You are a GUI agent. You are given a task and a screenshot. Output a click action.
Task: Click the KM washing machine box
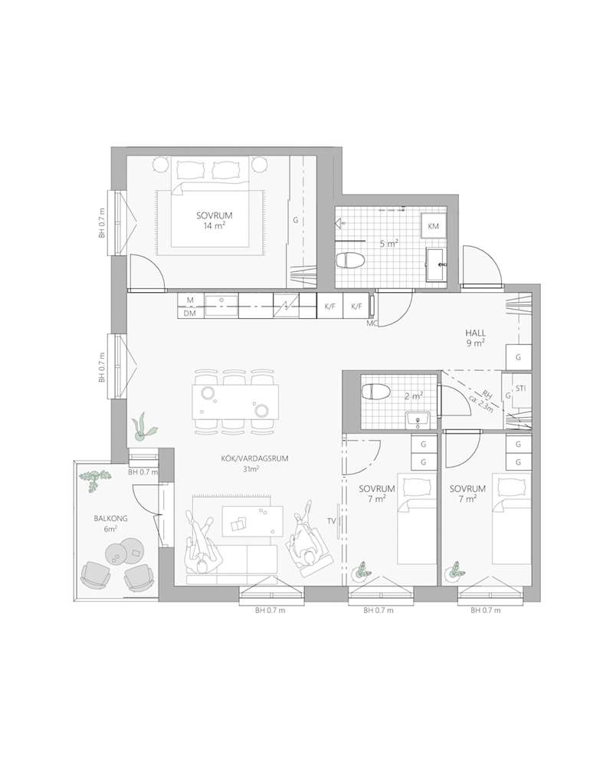(x=433, y=226)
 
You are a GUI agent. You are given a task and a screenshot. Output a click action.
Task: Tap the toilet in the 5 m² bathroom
(x=351, y=260)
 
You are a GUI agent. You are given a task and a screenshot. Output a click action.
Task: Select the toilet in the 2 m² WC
(x=375, y=392)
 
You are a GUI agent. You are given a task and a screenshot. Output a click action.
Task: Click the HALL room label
(x=475, y=333)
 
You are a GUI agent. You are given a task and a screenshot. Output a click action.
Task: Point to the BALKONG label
(x=110, y=518)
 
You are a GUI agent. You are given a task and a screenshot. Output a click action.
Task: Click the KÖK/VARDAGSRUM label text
(x=254, y=458)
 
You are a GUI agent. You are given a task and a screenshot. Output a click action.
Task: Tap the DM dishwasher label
(x=190, y=313)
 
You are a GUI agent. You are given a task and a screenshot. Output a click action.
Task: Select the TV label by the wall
(x=332, y=521)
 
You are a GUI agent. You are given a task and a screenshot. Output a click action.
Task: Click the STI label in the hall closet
(x=521, y=389)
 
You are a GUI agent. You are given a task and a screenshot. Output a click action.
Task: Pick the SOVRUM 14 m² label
(x=215, y=221)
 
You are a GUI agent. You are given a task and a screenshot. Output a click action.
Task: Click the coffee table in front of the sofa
(x=253, y=520)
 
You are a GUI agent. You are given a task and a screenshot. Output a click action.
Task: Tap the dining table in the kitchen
(x=235, y=401)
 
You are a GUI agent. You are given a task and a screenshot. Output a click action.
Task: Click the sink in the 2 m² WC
(x=418, y=420)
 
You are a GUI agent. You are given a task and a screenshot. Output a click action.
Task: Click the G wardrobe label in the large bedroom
(x=296, y=221)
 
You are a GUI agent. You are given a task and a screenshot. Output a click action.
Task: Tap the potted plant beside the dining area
(x=143, y=428)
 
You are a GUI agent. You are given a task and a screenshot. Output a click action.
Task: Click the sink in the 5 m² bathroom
(x=436, y=264)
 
